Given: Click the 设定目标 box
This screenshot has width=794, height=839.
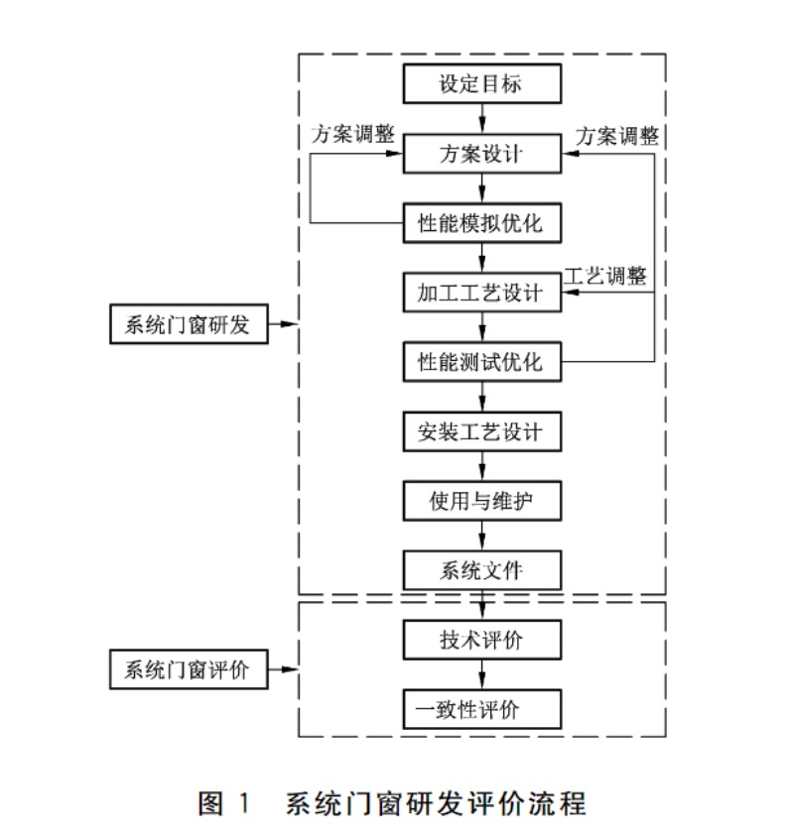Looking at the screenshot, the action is coord(482,83).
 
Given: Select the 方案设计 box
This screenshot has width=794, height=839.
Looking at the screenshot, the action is coord(482,154).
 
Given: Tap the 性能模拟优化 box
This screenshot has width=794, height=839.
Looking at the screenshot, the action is coord(482,223).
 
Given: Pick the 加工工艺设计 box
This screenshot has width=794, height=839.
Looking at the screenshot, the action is coord(482,293).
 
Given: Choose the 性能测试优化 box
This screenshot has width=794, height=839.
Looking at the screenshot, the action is coord(482,362).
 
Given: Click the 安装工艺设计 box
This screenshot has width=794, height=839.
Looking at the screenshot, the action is coord(482,431).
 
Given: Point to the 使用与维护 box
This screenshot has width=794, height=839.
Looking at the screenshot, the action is coord(482,501).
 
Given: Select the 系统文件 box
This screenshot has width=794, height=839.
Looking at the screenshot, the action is coord(482,570).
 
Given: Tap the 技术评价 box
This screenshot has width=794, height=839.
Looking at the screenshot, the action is coord(482,640).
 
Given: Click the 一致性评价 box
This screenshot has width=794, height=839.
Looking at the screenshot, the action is coord(482,709).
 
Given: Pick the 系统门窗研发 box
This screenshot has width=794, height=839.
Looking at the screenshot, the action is coord(189,324).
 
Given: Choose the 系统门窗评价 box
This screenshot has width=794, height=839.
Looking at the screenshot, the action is coord(189,669).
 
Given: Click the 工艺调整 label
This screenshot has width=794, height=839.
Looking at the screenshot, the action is coord(605,276).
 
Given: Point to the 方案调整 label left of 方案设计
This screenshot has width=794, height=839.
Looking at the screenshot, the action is coord(353,134).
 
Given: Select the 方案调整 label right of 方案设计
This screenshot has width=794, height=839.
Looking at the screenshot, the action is coord(617,136).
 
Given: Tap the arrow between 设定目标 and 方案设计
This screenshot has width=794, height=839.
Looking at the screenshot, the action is coord(482,118).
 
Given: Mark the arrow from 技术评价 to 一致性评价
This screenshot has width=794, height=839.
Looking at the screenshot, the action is coord(482,674).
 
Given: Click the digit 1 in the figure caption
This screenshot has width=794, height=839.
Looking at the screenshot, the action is coord(244,803).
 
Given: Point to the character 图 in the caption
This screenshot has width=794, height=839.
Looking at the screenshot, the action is coord(210,803).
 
